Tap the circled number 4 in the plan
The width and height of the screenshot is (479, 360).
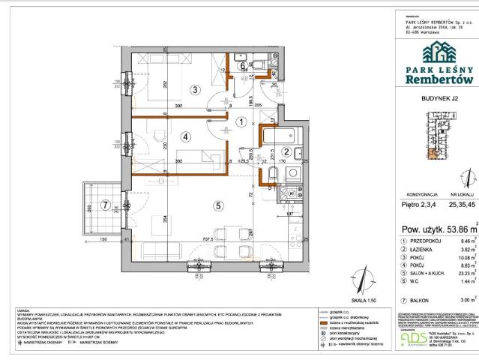pyautogui.click(x=186, y=136)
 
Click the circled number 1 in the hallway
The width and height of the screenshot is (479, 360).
pyautogui.click(x=241, y=121)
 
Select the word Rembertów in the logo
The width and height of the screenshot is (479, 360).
pyautogui.click(x=438, y=79)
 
